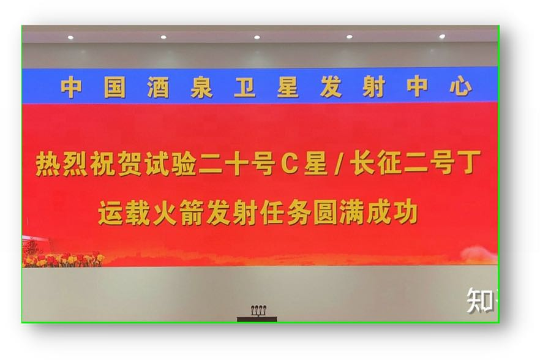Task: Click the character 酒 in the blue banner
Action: (x=159, y=88)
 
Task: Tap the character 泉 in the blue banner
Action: (x=201, y=88)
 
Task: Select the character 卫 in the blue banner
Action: (x=245, y=87)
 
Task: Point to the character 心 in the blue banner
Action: (x=461, y=86)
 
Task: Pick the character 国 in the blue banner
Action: (x=115, y=88)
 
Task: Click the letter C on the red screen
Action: (x=289, y=163)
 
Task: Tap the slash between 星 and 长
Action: (x=339, y=163)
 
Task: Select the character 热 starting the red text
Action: (x=48, y=164)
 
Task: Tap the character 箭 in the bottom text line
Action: (x=192, y=213)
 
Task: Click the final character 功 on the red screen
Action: (x=406, y=212)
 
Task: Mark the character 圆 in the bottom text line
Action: (x=326, y=213)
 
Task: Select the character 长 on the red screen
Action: (x=362, y=163)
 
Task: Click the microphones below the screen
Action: (x=258, y=310)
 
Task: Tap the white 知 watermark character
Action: (x=479, y=301)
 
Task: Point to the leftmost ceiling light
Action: (x=70, y=37)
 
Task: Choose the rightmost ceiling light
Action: (x=442, y=36)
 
